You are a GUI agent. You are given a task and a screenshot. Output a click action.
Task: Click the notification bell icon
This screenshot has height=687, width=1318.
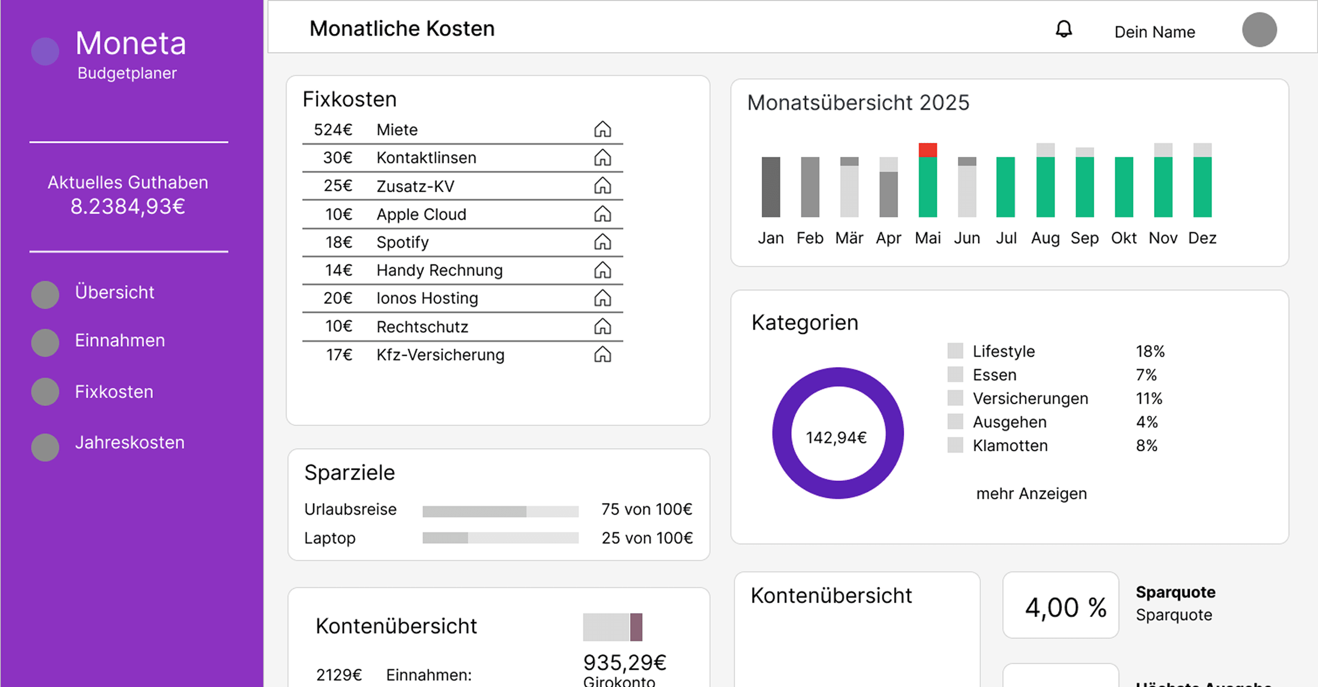pyautogui.click(x=1064, y=29)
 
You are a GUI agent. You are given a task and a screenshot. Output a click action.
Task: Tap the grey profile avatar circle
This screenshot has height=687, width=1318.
pyautogui.click(x=1259, y=30)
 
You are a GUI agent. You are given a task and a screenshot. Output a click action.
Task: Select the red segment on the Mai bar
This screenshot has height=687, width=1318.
pyautogui.click(x=928, y=150)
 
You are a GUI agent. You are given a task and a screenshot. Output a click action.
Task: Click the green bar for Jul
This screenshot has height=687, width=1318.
pyautogui.click(x=1005, y=187)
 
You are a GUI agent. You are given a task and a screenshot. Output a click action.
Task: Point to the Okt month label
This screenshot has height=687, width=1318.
pyautogui.click(x=1123, y=238)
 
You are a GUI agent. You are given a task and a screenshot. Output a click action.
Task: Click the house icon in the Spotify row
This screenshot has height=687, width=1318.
pyautogui.click(x=602, y=242)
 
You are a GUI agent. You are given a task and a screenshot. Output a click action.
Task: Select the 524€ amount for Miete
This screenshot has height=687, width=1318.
pyautogui.click(x=333, y=129)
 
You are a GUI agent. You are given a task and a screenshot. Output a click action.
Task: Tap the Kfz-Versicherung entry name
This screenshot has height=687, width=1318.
pyautogui.click(x=440, y=355)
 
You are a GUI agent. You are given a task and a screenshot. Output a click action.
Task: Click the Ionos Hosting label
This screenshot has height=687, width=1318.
pyautogui.click(x=427, y=298)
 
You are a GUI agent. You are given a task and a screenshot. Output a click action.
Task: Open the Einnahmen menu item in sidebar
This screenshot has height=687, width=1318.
pyautogui.click(x=120, y=340)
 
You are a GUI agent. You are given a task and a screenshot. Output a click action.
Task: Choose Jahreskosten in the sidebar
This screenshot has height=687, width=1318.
pyautogui.click(x=129, y=442)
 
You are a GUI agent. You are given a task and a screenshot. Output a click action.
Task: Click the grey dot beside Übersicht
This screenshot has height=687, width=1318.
pyautogui.click(x=45, y=294)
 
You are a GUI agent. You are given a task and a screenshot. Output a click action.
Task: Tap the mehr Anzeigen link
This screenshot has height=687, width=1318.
pyautogui.click(x=1031, y=493)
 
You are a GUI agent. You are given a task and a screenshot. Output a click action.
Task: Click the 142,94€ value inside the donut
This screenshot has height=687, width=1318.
pyautogui.click(x=836, y=438)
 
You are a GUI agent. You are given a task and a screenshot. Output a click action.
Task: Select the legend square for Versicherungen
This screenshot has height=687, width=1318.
pyautogui.click(x=955, y=398)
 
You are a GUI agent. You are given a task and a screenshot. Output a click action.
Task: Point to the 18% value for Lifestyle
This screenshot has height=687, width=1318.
pyautogui.click(x=1149, y=351)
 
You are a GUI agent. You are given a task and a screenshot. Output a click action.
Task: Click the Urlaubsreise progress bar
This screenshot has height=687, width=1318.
pyautogui.click(x=500, y=511)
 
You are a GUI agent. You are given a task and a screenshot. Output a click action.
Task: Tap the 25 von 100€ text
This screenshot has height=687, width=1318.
pyautogui.click(x=647, y=538)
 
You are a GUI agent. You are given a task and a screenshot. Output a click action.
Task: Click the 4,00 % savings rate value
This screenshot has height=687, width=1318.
pyautogui.click(x=1065, y=608)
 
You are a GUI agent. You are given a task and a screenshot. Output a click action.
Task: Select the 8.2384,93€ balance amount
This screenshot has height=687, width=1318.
pyautogui.click(x=128, y=207)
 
